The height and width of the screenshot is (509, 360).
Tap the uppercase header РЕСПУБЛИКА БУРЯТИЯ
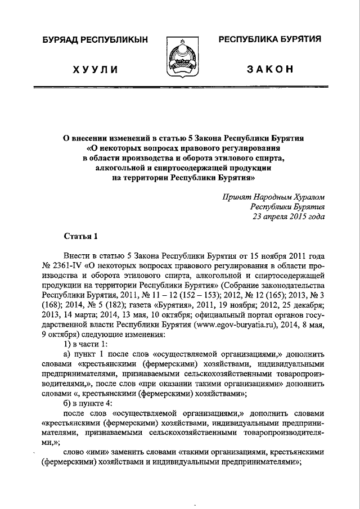pyautogui.click(x=269, y=39)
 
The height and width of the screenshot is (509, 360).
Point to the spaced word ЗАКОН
pyautogui.click(x=270, y=69)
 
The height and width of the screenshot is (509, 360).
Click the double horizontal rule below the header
pyautogui.click(x=180, y=88)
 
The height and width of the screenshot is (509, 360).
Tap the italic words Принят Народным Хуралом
pyautogui.click(x=273, y=197)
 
